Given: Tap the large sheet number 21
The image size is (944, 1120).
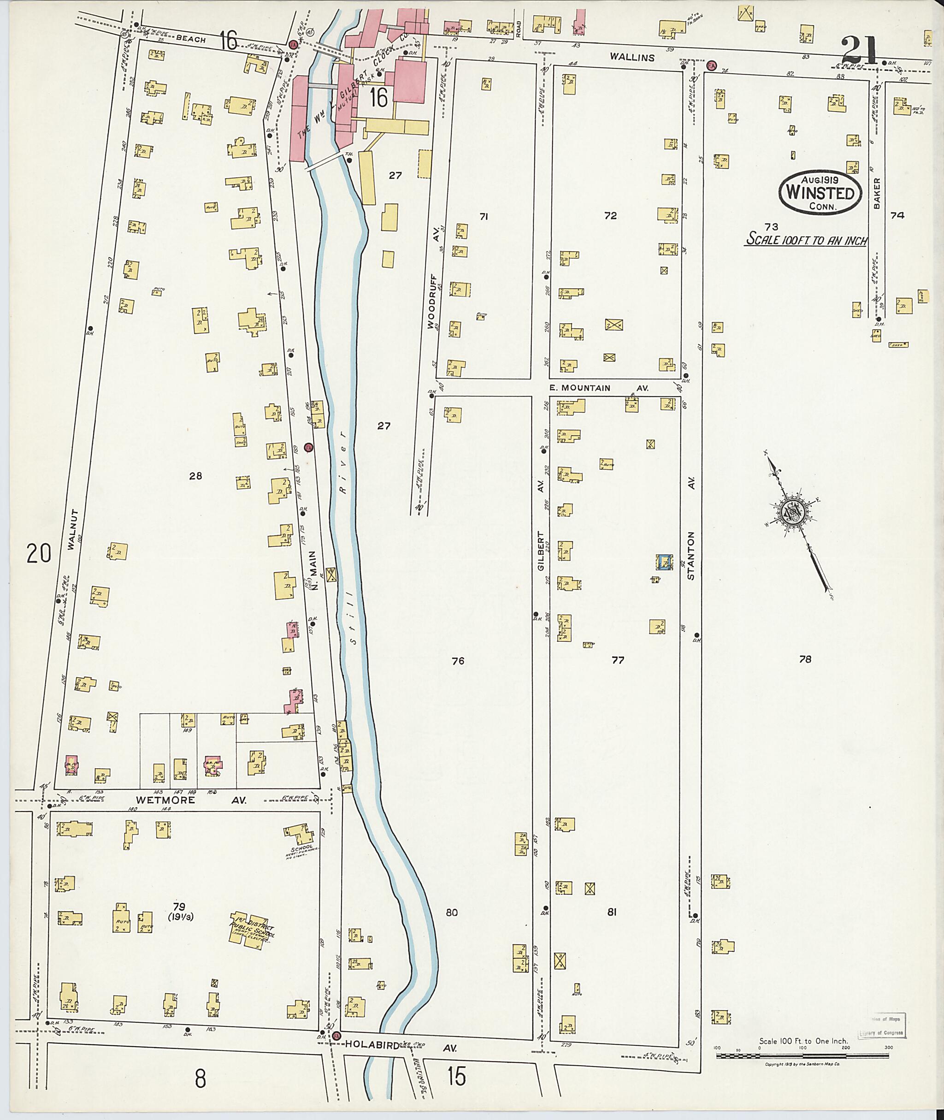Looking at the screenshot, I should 859,49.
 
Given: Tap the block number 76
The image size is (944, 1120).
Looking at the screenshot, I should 458,661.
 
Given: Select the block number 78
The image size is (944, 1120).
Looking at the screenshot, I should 805,659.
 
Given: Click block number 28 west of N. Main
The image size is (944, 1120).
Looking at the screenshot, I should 195,475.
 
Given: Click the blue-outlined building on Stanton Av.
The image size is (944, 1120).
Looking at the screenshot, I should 664,562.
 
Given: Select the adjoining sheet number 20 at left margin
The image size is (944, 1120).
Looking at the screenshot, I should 39,554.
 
